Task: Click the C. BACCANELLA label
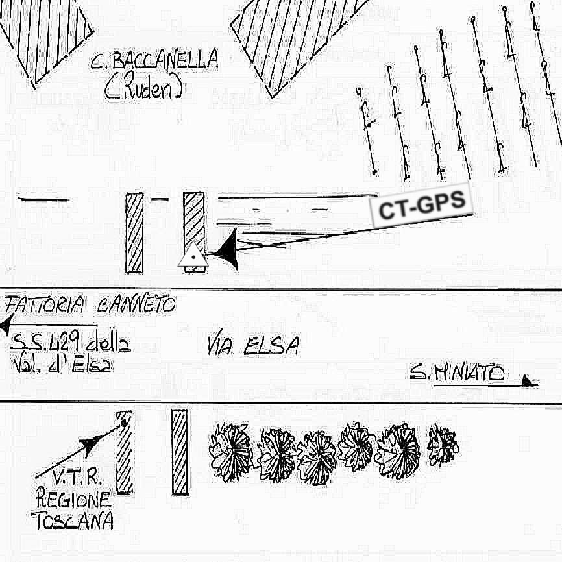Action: coord(154,61)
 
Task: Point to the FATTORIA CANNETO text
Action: coord(90,304)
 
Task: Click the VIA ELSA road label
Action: coord(253,346)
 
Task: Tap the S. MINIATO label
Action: coord(457,373)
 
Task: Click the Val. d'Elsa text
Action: coord(61,365)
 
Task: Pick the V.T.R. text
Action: coord(77,478)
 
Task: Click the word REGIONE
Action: coord(73,500)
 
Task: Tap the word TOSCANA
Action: coord(72,520)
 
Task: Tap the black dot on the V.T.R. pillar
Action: coord(123,424)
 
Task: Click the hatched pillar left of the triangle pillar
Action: coord(134,232)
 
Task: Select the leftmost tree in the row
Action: coord(230,451)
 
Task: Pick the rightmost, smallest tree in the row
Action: coord(443,445)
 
